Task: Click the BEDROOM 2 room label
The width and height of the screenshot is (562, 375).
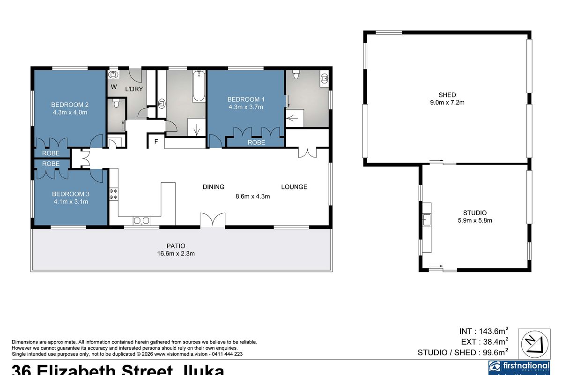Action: (x=70, y=105)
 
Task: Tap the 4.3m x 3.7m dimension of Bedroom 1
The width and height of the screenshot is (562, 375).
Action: (x=246, y=107)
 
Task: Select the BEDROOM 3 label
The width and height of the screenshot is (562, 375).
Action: (x=70, y=194)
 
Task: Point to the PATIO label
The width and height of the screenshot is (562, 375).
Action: (x=176, y=246)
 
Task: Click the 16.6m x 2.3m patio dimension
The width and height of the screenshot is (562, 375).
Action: (x=176, y=254)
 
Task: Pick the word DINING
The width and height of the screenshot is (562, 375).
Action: (x=214, y=187)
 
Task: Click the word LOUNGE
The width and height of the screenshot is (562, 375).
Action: (x=294, y=187)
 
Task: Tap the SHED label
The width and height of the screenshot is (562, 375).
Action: (x=447, y=95)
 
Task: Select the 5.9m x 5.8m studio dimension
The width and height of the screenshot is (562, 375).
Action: (x=474, y=220)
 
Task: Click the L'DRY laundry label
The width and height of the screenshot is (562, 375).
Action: (x=133, y=89)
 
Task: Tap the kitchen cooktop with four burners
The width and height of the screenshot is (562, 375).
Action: (x=113, y=194)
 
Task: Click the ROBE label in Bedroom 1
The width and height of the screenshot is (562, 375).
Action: (x=256, y=142)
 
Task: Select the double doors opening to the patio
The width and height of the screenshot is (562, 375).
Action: (x=213, y=220)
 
